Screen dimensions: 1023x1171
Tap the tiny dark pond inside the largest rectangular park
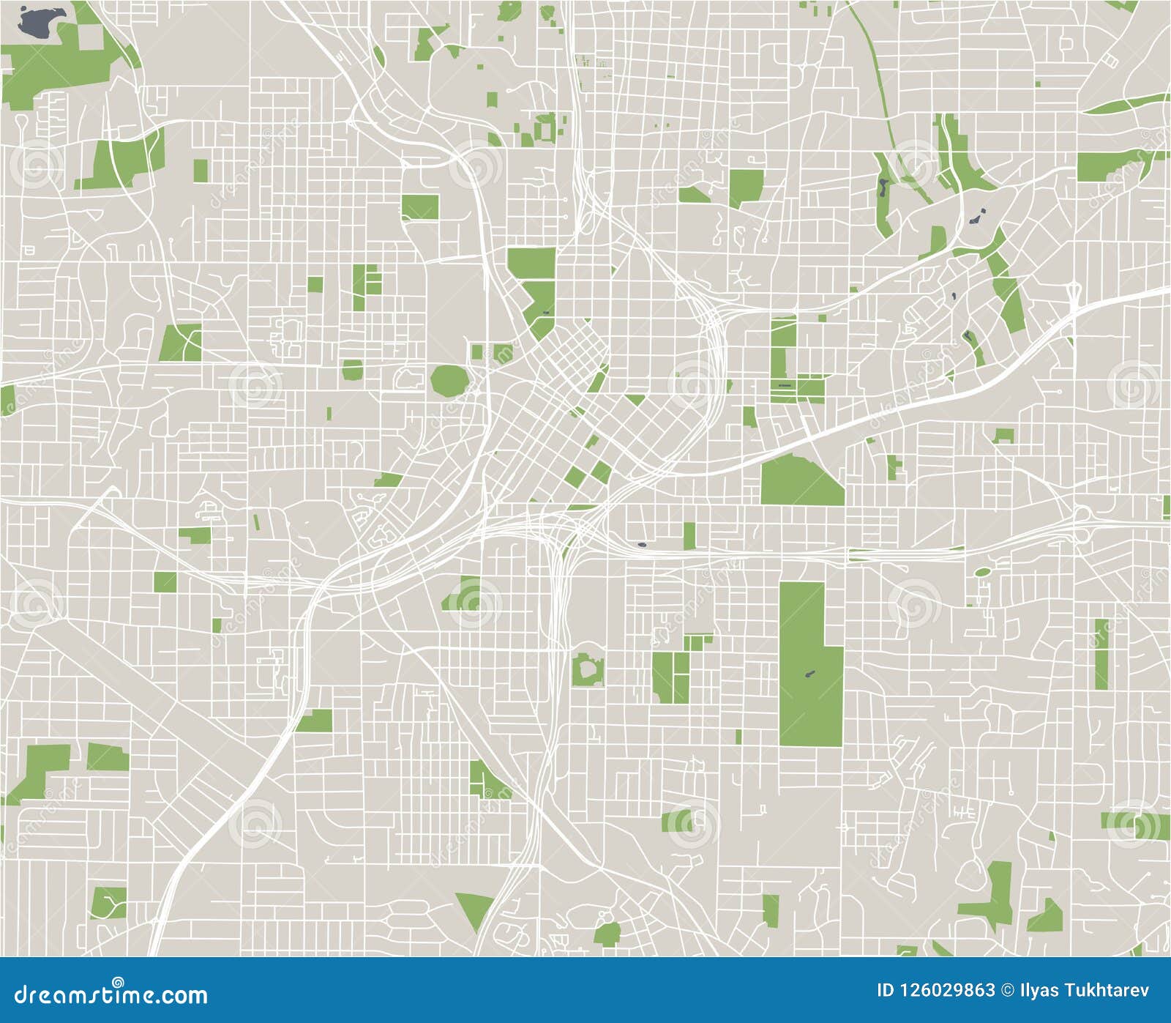click(x=809, y=673)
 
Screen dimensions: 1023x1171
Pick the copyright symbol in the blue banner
click(x=1009, y=991)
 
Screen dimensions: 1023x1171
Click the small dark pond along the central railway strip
click(x=642, y=544)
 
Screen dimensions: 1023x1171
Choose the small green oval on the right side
click(x=982, y=571)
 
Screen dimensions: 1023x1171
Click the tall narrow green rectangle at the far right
click(x=1101, y=654)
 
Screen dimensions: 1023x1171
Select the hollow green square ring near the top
click(x=545, y=130)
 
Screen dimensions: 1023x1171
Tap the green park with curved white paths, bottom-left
click(x=108, y=903)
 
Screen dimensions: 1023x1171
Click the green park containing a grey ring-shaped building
click(x=587, y=669)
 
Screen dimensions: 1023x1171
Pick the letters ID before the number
click(x=885, y=991)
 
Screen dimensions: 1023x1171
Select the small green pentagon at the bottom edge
click(x=607, y=934)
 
